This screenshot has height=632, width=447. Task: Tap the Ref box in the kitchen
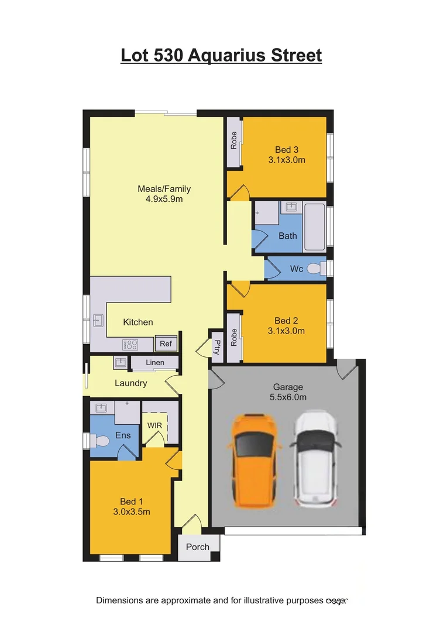click(166, 344)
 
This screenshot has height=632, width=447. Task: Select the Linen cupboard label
click(155, 363)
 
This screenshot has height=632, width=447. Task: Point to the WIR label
click(154, 425)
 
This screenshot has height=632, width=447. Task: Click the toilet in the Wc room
click(315, 269)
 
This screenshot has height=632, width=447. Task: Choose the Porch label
click(198, 547)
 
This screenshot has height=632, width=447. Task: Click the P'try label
click(216, 346)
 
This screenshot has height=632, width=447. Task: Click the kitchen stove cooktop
click(130, 345)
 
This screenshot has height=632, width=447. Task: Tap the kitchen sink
click(98, 321)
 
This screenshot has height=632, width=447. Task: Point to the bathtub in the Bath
click(314, 227)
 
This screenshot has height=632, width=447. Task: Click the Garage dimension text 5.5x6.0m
click(288, 397)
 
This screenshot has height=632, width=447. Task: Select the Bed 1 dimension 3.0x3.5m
click(132, 511)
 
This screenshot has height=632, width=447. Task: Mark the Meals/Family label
click(164, 189)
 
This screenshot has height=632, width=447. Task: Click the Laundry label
click(130, 383)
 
